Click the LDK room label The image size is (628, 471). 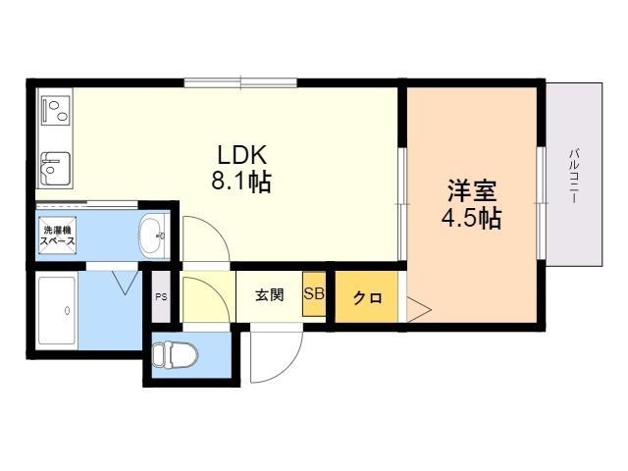coord(242,155)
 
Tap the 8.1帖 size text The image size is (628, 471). coord(241,182)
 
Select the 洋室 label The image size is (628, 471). coord(472,191)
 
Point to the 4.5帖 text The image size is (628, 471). coord(471,218)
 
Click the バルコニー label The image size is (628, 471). coord(574,176)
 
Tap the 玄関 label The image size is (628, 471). coord(270,295)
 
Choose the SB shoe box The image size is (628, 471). coord(314,294)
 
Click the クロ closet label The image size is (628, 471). coord(368,297)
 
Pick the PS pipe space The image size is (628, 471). coord(161,296)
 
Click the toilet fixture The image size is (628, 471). coord(176,354)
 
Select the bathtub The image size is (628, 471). coord(57,311)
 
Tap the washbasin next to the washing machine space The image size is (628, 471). coord(153,235)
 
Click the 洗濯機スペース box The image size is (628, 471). coord(58,235)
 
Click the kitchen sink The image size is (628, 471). coord(56,168)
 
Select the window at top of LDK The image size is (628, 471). coord(240,82)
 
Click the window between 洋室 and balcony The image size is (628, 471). coord(541,203)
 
